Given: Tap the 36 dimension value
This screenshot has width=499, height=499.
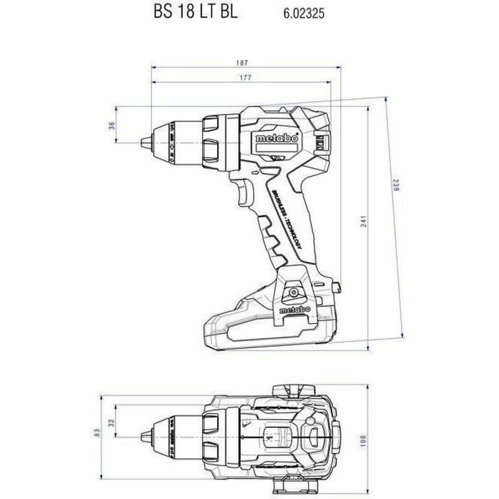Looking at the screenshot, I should (x=112, y=125).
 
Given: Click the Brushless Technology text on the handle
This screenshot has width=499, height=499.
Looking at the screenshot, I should (x=286, y=211).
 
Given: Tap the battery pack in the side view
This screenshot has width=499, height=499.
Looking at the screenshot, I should (x=262, y=327).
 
